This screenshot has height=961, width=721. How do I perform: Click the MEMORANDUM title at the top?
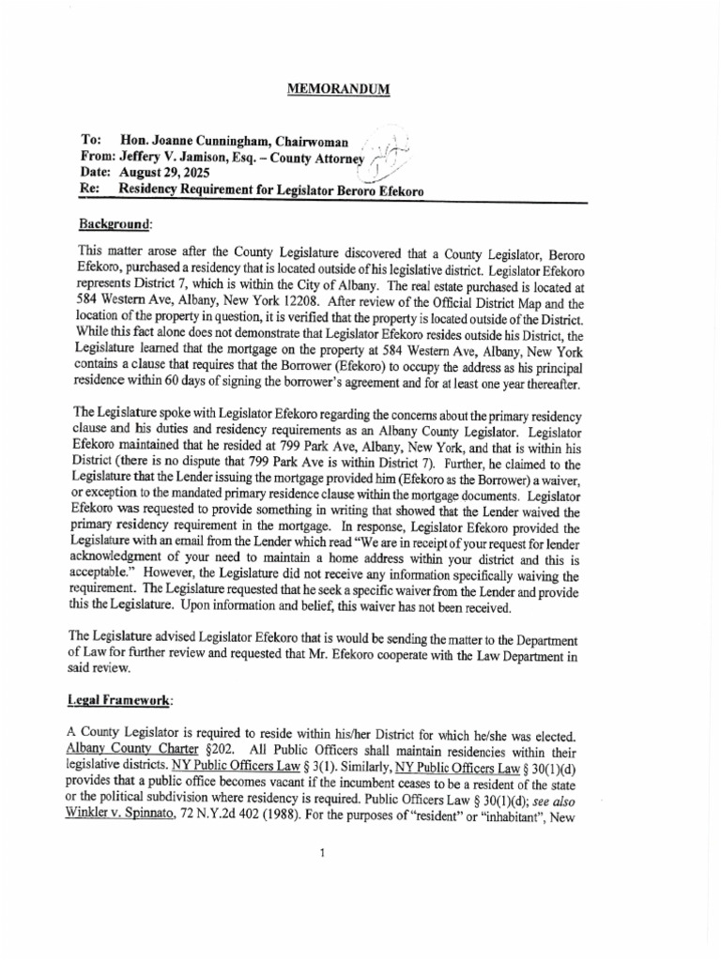click(338, 89)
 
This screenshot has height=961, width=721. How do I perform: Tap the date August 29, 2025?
click(165, 173)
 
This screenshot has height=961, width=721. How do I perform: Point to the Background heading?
click(113, 224)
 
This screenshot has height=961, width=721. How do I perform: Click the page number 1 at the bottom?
click(321, 851)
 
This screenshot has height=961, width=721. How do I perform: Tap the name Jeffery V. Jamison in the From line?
click(177, 156)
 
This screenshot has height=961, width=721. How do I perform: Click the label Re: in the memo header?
click(90, 190)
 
